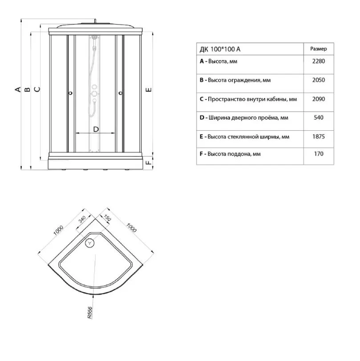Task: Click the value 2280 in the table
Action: tap(319, 61)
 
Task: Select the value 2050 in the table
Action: tap(319, 80)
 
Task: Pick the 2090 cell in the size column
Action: tap(319, 99)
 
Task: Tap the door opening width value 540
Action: tap(319, 118)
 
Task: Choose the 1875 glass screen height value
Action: tap(319, 136)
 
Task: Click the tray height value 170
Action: tap(319, 154)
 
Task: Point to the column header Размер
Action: tap(319, 49)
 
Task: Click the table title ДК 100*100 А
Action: tap(220, 49)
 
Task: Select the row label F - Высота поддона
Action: tap(230, 154)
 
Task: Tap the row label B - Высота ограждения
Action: tap(235, 80)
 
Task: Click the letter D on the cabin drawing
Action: tap(96, 129)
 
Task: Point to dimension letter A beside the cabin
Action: tap(18, 89)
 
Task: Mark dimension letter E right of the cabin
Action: tap(149, 89)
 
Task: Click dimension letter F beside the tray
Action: tap(149, 162)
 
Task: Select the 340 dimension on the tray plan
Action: tap(82, 219)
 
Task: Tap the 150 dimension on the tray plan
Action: tap(107, 218)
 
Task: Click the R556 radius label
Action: tap(89, 313)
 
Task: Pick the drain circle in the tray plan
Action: tap(89, 243)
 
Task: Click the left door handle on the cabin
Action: tap(70, 93)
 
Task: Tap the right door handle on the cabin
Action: tap(120, 93)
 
